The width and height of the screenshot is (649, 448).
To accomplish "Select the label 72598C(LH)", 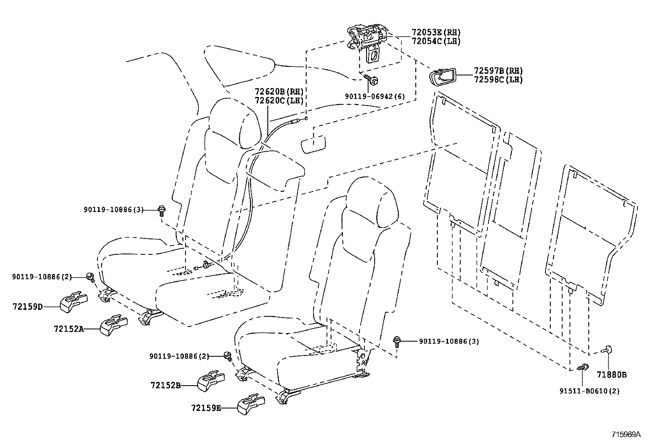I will tap(498, 80).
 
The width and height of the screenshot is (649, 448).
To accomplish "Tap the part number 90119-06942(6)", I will tap(375, 96).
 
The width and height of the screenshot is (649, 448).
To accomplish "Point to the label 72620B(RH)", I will tap(279, 91).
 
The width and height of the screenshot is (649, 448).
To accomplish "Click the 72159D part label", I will tap(27, 307).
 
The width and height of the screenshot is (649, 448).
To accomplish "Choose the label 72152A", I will tap(68, 329).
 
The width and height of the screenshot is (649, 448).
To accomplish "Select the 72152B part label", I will tap(165, 385).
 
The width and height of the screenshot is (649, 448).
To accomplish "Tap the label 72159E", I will tap(206, 407).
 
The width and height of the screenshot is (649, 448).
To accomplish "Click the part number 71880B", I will tap(611, 374).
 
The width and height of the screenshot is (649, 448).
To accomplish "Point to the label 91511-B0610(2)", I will tap(589, 391).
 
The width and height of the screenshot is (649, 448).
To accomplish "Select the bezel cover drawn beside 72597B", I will tap(441, 77).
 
